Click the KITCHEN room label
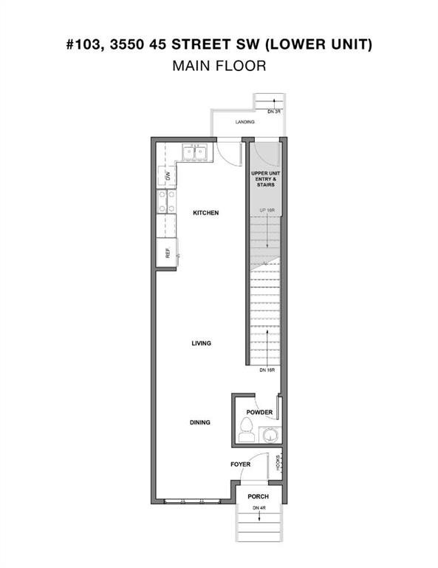(205, 213)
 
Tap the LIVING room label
(201, 343)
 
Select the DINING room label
(199, 422)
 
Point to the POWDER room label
(260, 413)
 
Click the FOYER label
(240, 464)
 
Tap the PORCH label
(258, 496)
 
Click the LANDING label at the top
(245, 122)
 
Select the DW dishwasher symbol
(167, 176)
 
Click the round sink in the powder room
(273, 435)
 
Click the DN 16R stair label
(267, 369)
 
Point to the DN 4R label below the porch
(258, 507)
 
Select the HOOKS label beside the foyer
(278, 462)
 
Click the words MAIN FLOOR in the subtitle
(219, 66)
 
